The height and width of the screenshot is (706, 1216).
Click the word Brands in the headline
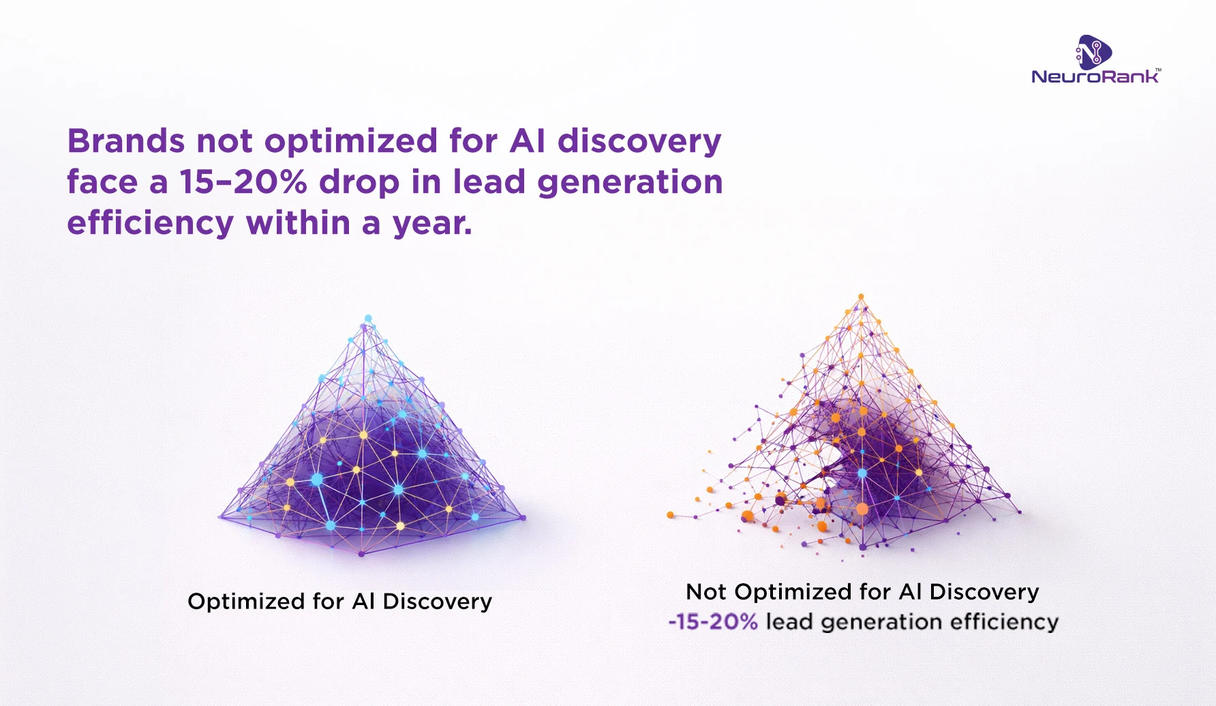[x=126, y=141]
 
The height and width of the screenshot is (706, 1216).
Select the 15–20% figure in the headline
[x=243, y=182]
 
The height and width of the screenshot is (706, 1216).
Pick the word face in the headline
[x=102, y=182]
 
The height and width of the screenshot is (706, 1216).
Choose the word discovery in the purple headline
[x=639, y=143]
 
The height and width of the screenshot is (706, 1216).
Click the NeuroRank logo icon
[x=1094, y=53]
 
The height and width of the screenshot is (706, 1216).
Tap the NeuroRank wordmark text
[x=1095, y=76]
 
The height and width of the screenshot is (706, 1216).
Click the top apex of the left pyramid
[x=368, y=319]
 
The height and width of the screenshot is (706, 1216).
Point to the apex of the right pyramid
[x=862, y=296]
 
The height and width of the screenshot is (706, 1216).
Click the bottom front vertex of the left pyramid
[x=361, y=554]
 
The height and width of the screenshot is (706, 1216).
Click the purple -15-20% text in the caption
[x=713, y=621]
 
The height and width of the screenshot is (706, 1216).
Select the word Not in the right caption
[x=706, y=591]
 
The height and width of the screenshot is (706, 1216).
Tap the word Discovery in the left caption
[x=437, y=602]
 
